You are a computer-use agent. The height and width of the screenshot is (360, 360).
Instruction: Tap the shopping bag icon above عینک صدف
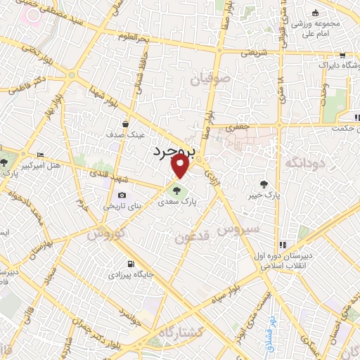(124, 123)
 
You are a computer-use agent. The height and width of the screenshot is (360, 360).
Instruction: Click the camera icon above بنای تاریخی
(122, 195)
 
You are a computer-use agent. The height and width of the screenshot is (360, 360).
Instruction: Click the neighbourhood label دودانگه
(307, 163)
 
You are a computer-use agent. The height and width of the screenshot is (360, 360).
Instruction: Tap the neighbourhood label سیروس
(238, 229)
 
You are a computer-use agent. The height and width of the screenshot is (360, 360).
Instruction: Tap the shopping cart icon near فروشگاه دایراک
(341, 55)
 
